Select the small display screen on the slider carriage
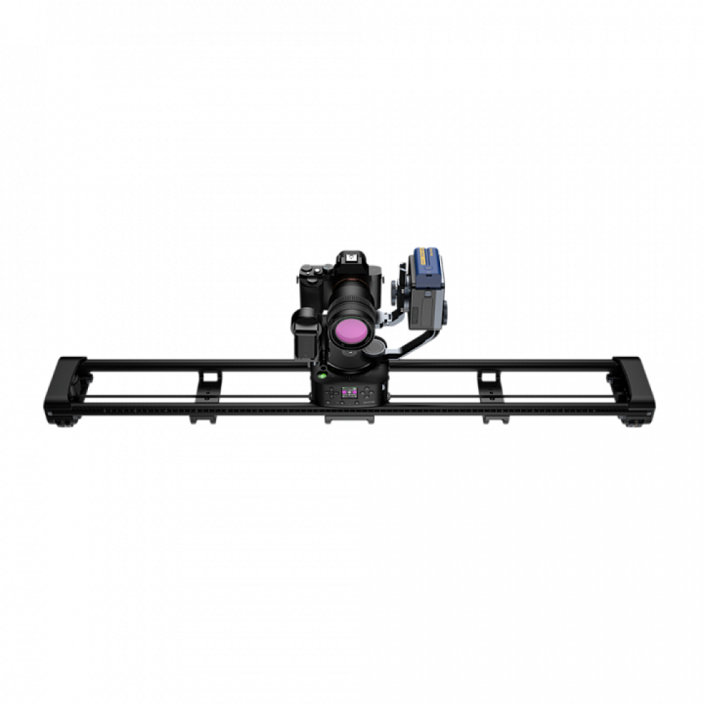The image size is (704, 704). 348,393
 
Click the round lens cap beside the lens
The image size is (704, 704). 377,348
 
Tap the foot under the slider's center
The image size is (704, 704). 350,420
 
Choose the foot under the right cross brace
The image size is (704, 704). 495,420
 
